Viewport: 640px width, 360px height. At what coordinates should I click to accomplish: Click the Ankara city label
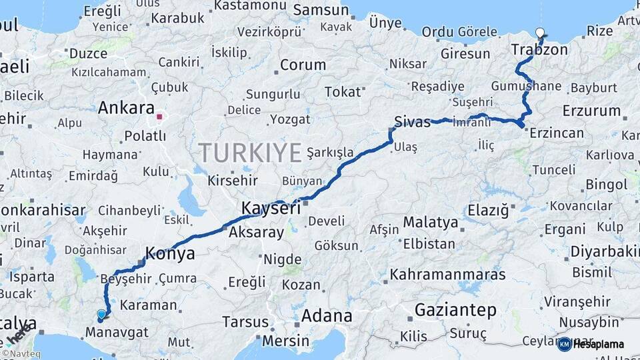[126, 108]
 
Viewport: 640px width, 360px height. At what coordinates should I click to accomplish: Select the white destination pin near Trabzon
[539, 32]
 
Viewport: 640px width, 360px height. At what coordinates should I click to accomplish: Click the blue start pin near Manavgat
[101, 314]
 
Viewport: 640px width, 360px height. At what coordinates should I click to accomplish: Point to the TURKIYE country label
[250, 153]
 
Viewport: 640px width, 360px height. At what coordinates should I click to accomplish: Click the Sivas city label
[412, 122]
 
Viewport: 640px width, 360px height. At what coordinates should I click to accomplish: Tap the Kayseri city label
[270, 208]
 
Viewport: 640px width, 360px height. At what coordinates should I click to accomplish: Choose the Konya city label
[170, 253]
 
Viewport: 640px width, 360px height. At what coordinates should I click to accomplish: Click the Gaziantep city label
[455, 310]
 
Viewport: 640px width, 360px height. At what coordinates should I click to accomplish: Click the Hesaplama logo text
[599, 344]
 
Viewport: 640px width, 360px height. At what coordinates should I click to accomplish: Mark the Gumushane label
[526, 87]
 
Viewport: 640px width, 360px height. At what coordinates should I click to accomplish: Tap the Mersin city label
[286, 340]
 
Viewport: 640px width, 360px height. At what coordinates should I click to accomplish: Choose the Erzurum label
[591, 111]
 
